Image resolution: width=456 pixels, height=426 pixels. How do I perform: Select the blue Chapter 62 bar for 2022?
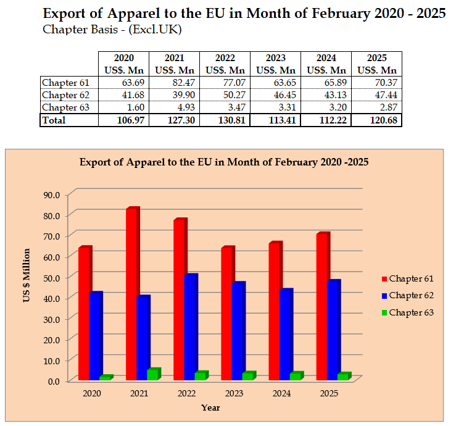pos(191,328)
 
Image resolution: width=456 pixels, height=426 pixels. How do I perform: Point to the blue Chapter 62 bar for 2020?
pos(95,336)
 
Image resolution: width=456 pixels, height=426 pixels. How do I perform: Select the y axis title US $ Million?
pos(27,276)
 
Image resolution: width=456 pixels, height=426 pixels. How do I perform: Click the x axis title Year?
pos(210,407)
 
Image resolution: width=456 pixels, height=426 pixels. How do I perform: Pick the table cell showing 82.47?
pos(173,82)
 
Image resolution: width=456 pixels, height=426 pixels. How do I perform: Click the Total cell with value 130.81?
pos(224,120)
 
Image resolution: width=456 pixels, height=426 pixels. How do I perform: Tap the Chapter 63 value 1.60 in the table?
pos(123,107)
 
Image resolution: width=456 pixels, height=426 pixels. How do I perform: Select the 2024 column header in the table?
pos(325,64)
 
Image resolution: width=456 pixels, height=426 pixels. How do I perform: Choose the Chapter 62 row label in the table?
pos(65,95)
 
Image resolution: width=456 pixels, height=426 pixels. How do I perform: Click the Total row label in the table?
pos(54,120)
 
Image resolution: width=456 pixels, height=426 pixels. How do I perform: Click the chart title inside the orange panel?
pos(224,162)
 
